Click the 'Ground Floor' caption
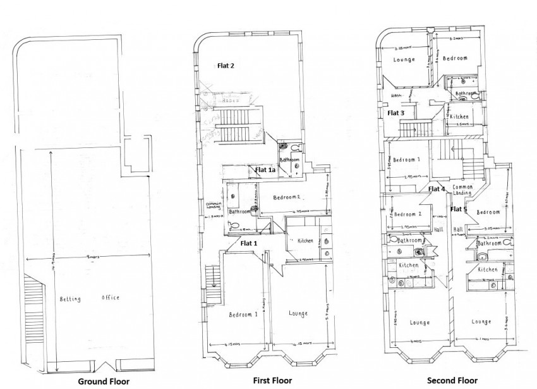(x=104, y=381)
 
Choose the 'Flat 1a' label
(x=265, y=170)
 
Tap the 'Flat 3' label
(x=395, y=113)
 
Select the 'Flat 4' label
(x=437, y=188)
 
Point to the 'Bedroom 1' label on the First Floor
(x=244, y=314)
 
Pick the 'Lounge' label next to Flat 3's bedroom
(x=403, y=60)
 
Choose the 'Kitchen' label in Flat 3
(x=459, y=117)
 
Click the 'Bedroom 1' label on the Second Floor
(x=407, y=160)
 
